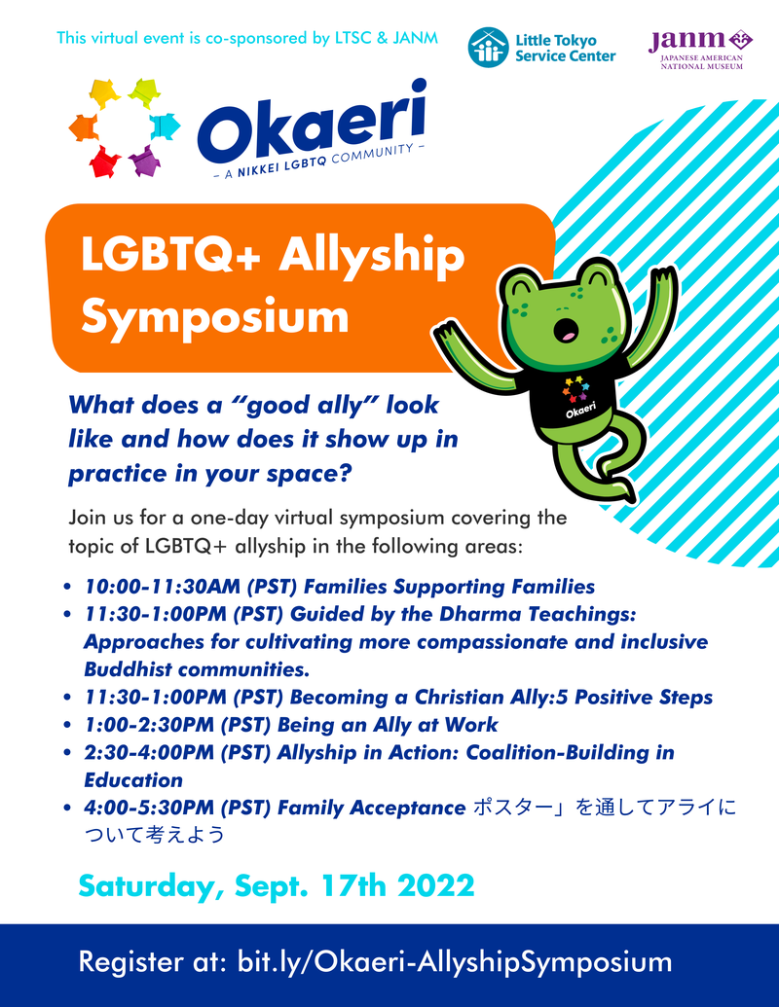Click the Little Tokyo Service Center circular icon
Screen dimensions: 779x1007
click(x=489, y=48)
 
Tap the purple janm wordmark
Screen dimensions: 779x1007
click(x=686, y=41)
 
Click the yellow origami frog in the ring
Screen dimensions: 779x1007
click(x=105, y=92)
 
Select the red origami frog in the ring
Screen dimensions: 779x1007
click(x=105, y=162)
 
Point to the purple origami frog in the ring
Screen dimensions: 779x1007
click(x=145, y=161)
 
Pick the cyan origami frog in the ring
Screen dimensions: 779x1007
click(x=166, y=126)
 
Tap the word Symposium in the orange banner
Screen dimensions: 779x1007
click(x=214, y=316)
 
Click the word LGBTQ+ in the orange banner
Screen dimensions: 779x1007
click(x=170, y=254)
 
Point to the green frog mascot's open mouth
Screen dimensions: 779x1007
click(x=567, y=329)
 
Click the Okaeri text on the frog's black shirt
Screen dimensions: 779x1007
click(x=580, y=411)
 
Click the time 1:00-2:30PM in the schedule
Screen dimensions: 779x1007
click(x=149, y=725)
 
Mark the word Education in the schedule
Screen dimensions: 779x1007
click(x=133, y=779)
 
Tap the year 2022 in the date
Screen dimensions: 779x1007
click(x=436, y=885)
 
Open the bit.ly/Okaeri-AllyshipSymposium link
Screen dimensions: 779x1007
click(x=455, y=962)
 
